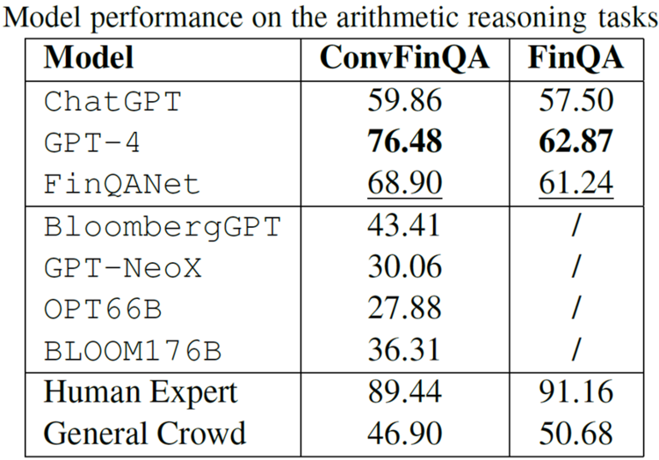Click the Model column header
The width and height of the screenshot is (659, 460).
click(89, 58)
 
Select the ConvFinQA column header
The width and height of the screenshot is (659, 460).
click(404, 58)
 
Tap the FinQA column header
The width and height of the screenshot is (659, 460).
click(576, 58)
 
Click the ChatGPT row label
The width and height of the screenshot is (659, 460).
click(112, 101)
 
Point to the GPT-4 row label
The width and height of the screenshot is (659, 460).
click(91, 142)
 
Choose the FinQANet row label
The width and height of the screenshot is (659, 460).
click(121, 184)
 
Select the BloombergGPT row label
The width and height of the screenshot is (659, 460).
click(163, 227)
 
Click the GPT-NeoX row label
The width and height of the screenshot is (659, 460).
click(123, 267)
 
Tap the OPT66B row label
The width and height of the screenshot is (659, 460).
click(103, 309)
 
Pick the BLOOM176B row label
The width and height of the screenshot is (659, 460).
click(133, 351)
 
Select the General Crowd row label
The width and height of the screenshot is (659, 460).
click(145, 434)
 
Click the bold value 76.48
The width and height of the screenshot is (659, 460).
click(405, 142)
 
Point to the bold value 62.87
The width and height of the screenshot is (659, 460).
click(576, 142)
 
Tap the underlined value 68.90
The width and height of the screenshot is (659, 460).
click(405, 184)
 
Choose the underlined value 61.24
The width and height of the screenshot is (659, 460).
click(576, 184)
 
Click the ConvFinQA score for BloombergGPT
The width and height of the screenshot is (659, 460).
click(404, 225)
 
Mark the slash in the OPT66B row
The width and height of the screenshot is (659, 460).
click(576, 308)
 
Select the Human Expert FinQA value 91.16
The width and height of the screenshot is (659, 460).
click(576, 391)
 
